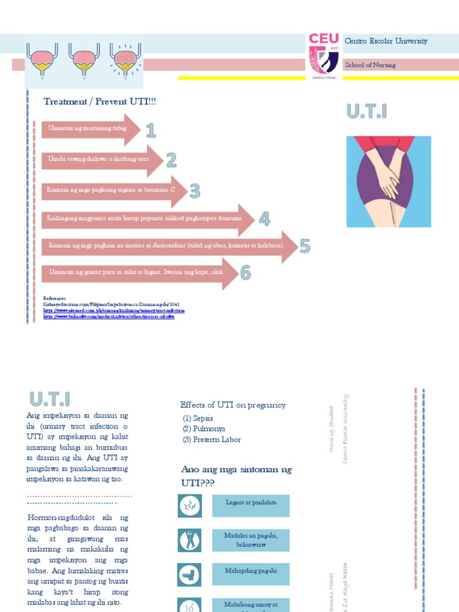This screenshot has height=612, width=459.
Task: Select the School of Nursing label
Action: pyautogui.click(x=370, y=65)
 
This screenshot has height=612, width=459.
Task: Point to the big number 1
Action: pyautogui.click(x=151, y=130)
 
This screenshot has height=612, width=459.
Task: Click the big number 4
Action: pyautogui.click(x=264, y=219)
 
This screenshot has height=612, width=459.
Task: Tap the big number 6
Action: pyautogui.click(x=246, y=273)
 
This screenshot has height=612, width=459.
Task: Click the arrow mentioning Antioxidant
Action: pyautogui.click(x=167, y=246)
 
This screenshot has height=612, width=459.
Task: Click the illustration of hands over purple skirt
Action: pyautogui.click(x=388, y=181)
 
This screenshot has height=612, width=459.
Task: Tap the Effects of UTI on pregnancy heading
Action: pyautogui.click(x=233, y=405)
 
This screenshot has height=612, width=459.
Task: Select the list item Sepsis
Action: pyautogui.click(x=198, y=418)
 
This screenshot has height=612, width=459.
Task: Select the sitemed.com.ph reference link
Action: pyautogui.click(x=114, y=311)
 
